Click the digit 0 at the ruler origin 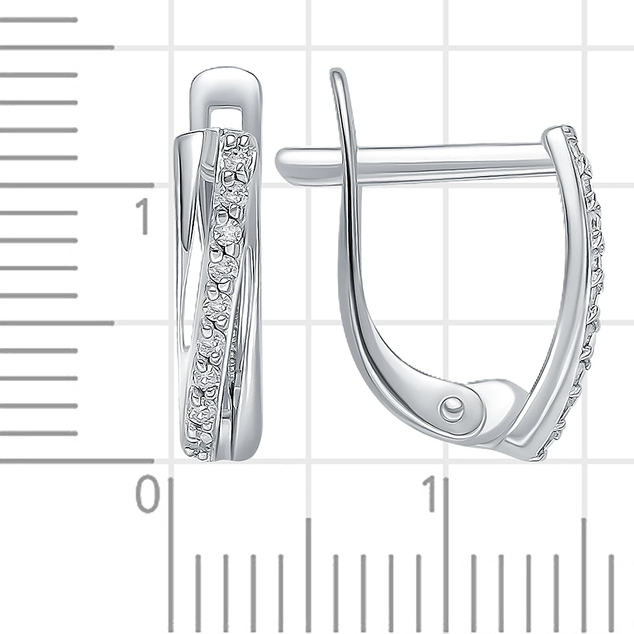coord(147,495)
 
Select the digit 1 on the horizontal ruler coord(430,494)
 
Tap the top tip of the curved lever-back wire coord(335,73)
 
